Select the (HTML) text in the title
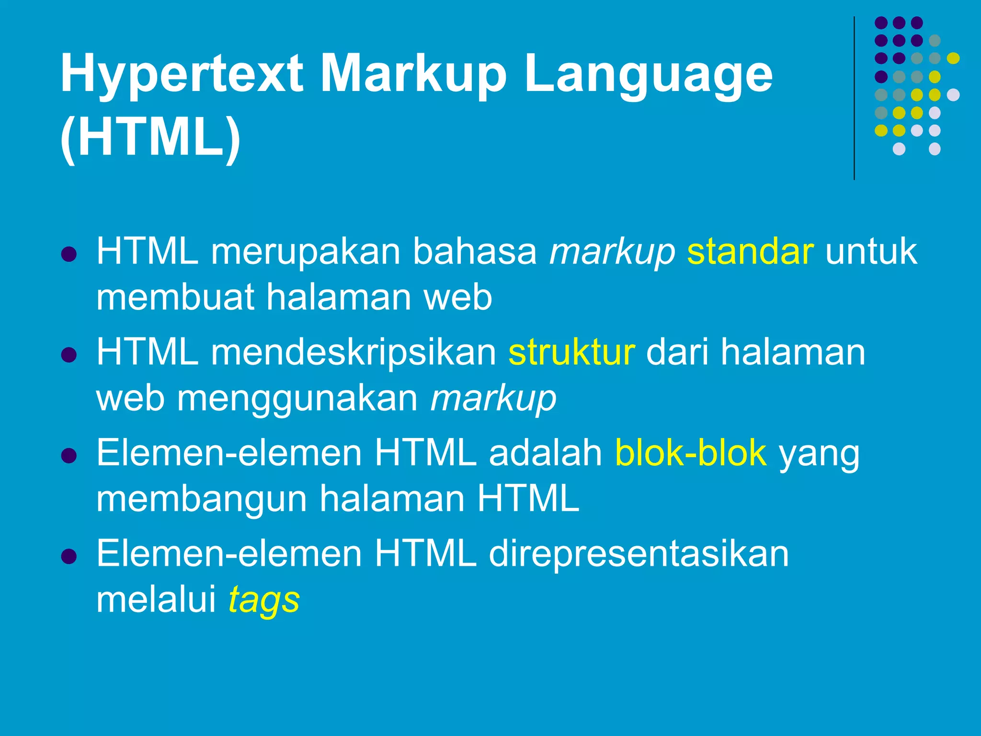(x=150, y=138)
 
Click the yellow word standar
(x=750, y=252)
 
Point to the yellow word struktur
(x=571, y=352)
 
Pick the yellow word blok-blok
(x=691, y=453)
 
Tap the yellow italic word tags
(x=264, y=600)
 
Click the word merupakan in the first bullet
(x=306, y=252)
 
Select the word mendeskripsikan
(x=354, y=352)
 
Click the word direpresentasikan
(x=639, y=554)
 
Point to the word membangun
(x=202, y=499)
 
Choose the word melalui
(x=157, y=599)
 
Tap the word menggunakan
(x=297, y=398)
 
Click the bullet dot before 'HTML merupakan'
(x=69, y=254)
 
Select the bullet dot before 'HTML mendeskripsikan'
(x=69, y=355)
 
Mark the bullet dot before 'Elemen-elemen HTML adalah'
(x=69, y=456)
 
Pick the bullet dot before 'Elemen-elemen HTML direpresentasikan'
(x=69, y=556)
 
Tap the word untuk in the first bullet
(x=871, y=252)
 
